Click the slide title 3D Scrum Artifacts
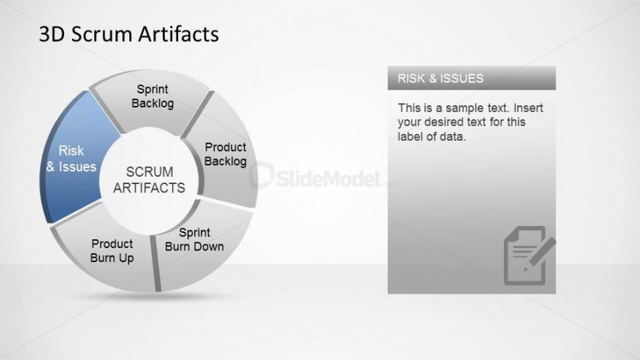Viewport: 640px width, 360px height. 129,34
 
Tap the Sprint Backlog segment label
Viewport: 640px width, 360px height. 152,96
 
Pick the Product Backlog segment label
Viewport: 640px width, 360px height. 225,154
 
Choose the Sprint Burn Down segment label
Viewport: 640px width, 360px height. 194,240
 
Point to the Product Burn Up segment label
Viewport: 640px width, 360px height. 112,251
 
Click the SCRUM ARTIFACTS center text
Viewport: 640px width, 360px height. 149,179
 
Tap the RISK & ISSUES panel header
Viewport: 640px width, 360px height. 471,78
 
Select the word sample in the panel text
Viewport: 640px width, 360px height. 466,108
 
